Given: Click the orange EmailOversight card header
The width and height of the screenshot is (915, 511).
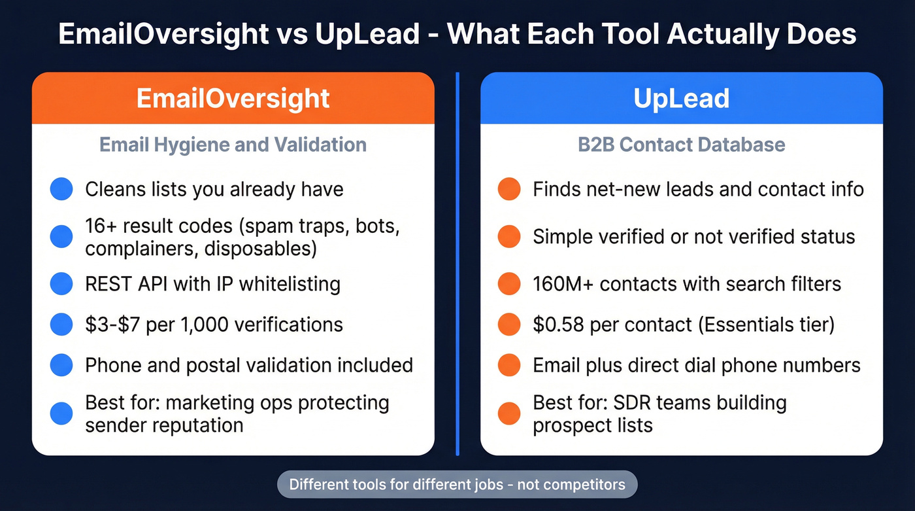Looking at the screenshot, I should pyautogui.click(x=233, y=98).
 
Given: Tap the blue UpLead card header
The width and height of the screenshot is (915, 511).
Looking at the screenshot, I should pyautogui.click(x=681, y=98).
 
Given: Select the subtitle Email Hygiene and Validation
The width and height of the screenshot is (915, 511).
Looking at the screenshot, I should pyautogui.click(x=233, y=145).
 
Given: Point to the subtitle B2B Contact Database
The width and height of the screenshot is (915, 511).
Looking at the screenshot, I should pyautogui.click(x=681, y=145).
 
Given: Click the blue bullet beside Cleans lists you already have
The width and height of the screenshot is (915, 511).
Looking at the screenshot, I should pyautogui.click(x=61, y=190).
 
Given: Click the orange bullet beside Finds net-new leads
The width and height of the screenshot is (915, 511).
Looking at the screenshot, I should pyautogui.click(x=509, y=190).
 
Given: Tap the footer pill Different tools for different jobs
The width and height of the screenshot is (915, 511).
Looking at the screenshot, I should pyautogui.click(x=457, y=485).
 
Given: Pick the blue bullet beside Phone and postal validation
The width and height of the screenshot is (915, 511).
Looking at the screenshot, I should pyautogui.click(x=61, y=365).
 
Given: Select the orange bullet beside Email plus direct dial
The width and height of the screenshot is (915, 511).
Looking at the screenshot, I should pyautogui.click(x=509, y=365).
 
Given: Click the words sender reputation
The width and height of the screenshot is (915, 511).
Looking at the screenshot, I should pyautogui.click(x=164, y=425).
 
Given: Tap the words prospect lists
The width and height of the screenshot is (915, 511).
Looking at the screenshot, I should pyautogui.click(x=592, y=425).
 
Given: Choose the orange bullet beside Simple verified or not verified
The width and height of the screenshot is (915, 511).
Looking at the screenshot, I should pyautogui.click(x=509, y=237).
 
